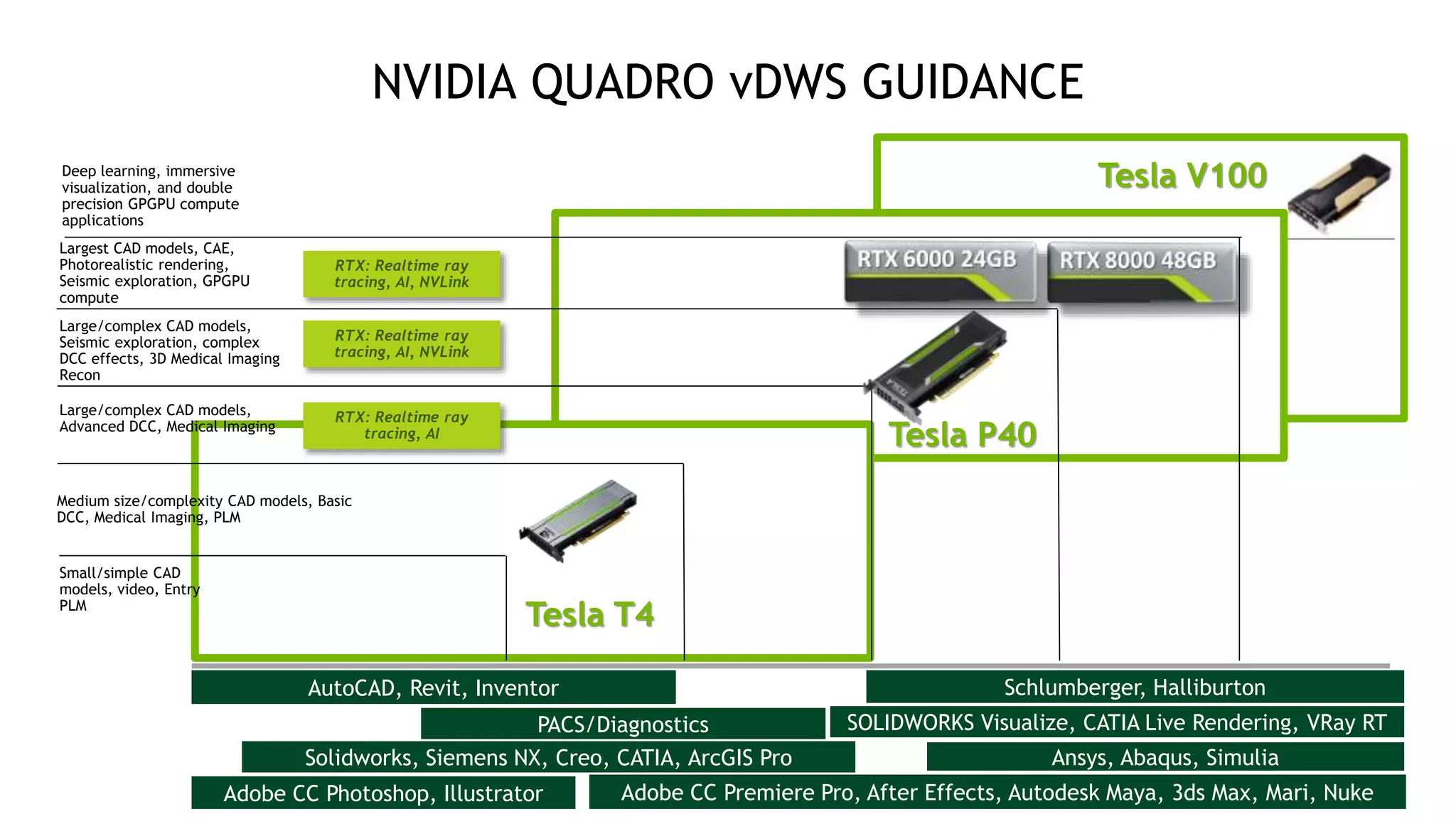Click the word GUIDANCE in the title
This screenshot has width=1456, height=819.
tap(973, 82)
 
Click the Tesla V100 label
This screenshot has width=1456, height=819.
tap(1182, 176)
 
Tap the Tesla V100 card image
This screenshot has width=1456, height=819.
tap(1339, 192)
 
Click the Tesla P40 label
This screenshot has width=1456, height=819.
tap(963, 434)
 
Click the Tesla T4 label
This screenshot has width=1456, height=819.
tap(589, 614)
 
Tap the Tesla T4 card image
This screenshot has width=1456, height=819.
tap(579, 519)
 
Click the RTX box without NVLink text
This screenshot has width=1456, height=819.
tap(402, 425)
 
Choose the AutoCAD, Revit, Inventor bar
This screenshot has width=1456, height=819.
tap(433, 687)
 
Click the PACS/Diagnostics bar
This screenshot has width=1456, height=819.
tap(623, 724)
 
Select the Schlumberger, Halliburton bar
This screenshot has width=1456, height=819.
tap(1135, 687)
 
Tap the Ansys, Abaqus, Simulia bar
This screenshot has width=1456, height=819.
tap(1165, 757)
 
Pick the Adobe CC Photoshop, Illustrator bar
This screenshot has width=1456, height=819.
tap(383, 793)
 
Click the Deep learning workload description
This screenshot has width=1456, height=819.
tap(150, 196)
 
